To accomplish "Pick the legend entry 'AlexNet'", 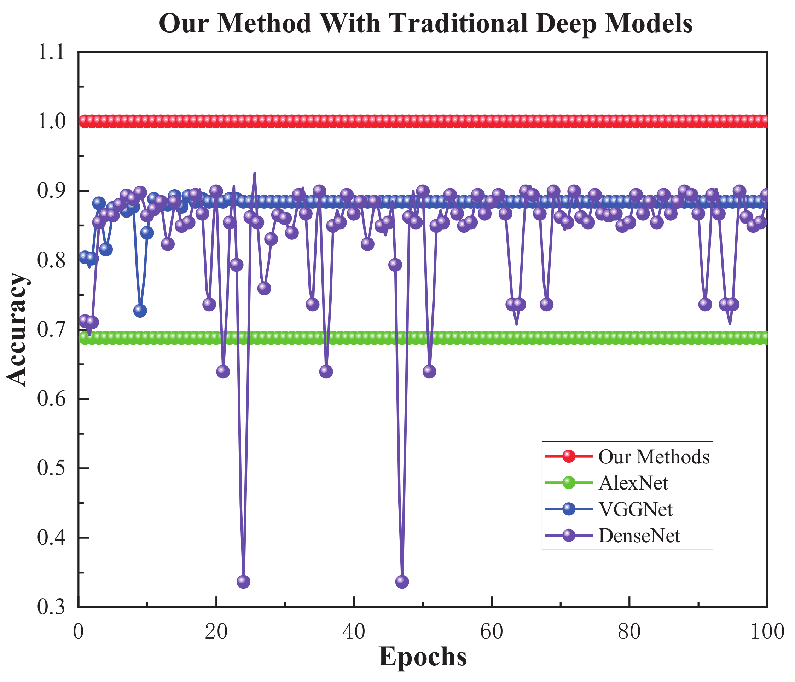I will click(x=633, y=483).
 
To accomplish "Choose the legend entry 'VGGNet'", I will click(x=636, y=509).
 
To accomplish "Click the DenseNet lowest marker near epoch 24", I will click(x=244, y=582).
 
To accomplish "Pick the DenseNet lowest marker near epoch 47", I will click(x=402, y=582).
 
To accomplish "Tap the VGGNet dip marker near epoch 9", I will click(x=140, y=311).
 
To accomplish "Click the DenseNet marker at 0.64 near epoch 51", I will click(x=429, y=371).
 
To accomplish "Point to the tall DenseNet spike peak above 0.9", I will click(x=254, y=174).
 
